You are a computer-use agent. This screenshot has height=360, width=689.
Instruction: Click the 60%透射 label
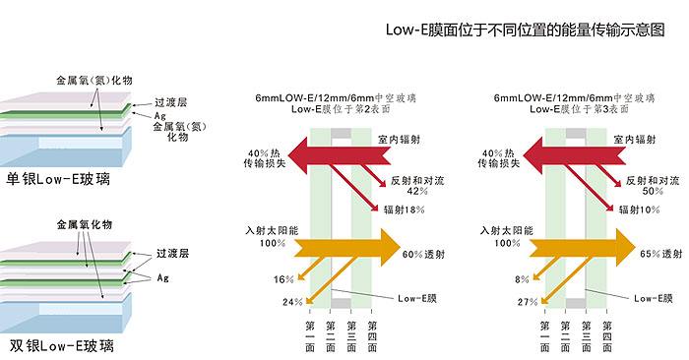click(426, 255)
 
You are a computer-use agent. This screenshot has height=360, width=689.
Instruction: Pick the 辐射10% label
click(638, 209)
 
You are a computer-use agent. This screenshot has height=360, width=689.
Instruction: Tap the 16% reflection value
click(283, 279)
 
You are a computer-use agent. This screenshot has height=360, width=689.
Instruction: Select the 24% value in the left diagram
click(292, 301)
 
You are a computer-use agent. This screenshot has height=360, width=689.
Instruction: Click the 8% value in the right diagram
click(522, 279)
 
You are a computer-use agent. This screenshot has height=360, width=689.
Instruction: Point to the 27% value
click(529, 301)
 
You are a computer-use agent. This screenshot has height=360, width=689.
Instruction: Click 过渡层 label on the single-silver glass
click(170, 102)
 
